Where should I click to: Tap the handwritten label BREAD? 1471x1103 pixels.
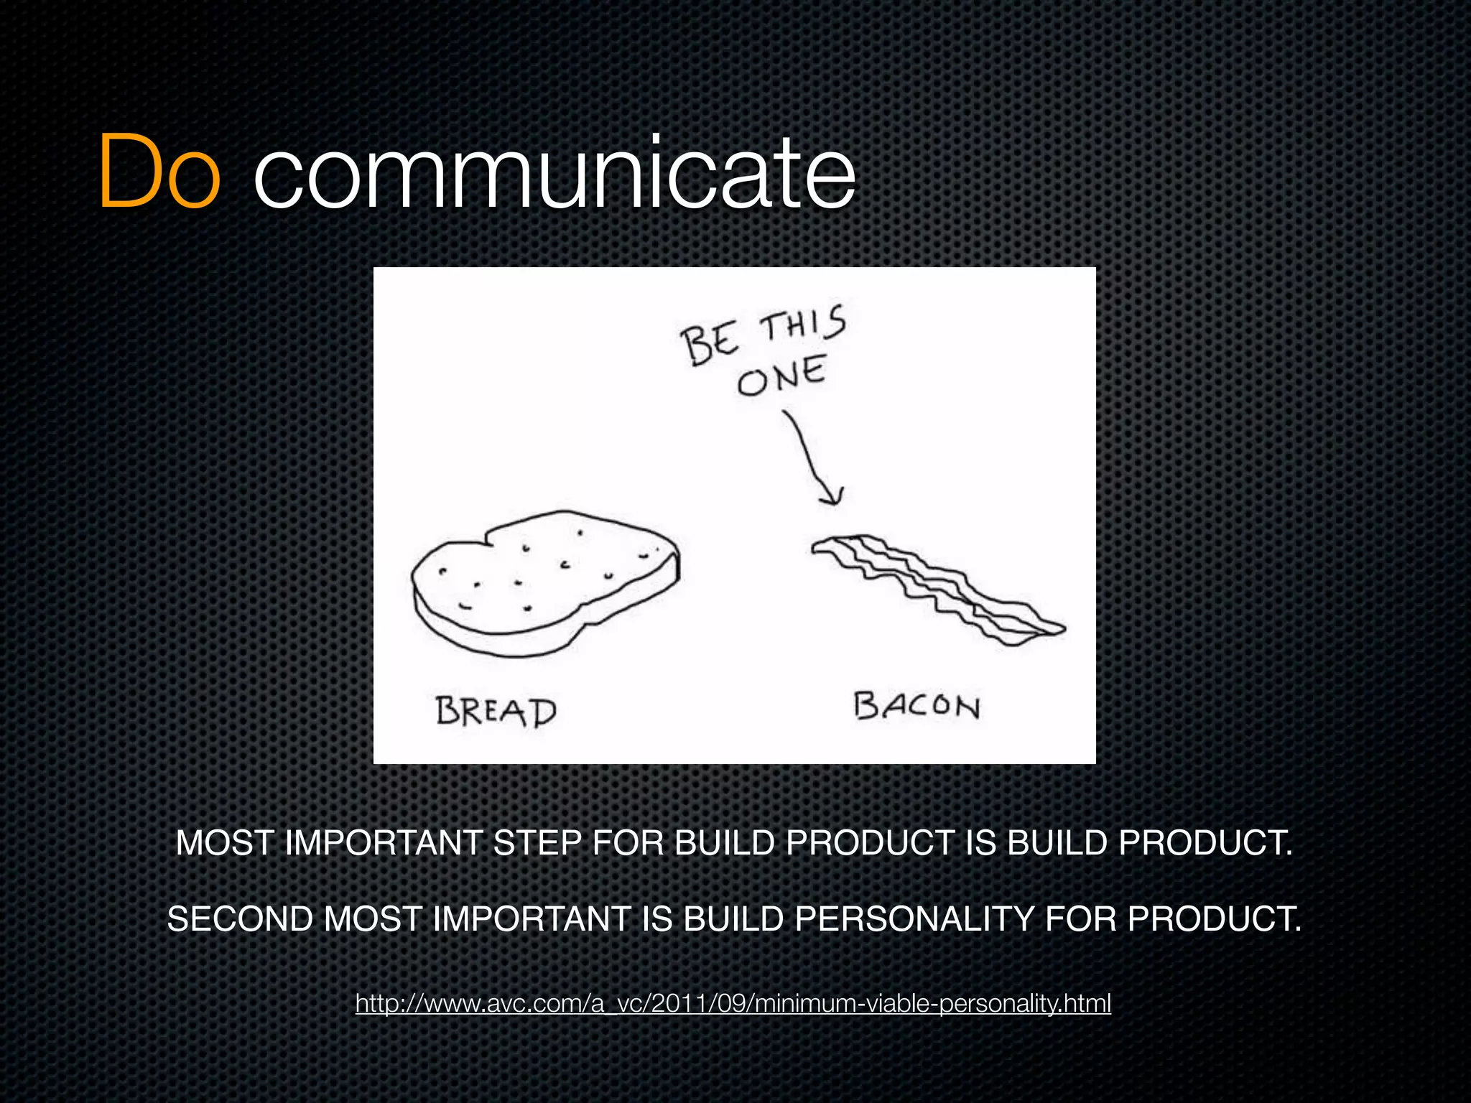click(496, 711)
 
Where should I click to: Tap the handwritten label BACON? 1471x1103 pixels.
click(917, 706)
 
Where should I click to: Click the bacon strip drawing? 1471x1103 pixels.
click(937, 587)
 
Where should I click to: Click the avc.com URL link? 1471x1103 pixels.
click(733, 1003)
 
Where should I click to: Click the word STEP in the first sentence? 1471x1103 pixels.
click(536, 843)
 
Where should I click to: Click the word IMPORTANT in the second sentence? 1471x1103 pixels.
click(531, 919)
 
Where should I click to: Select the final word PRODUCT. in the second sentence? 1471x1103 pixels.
click(1214, 919)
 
